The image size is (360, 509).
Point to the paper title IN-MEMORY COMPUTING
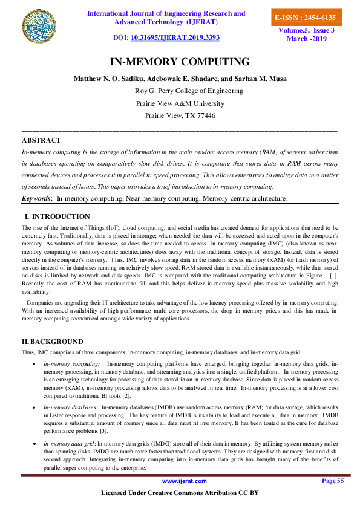tap(180, 62)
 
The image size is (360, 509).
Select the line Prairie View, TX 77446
tap(180, 115)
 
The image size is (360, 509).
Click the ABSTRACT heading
tap(41, 140)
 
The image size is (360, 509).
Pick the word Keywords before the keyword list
tap(36, 198)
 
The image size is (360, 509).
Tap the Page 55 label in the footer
tap(332, 481)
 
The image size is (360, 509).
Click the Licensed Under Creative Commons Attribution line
tap(180, 493)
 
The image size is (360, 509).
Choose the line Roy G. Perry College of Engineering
tap(189, 91)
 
